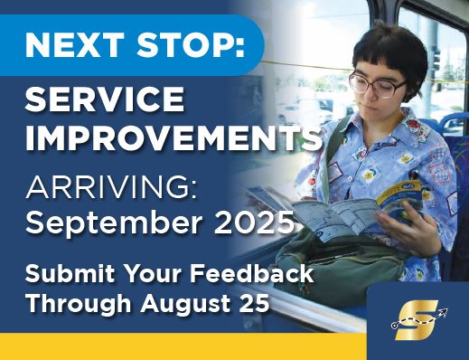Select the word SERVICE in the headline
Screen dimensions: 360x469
(x=105, y=99)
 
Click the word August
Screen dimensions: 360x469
(x=183, y=302)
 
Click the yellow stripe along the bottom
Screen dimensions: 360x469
(x=181, y=346)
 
